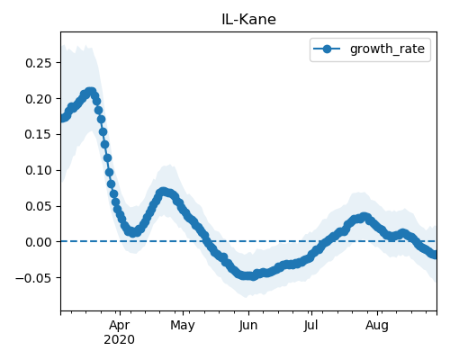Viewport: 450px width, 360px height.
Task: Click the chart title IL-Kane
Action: [x=248, y=20]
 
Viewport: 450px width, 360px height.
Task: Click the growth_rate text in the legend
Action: [x=387, y=49]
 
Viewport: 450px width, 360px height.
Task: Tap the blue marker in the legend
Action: [x=327, y=49]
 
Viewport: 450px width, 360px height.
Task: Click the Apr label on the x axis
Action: [x=120, y=325]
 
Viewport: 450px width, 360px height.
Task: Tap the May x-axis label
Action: [x=183, y=325]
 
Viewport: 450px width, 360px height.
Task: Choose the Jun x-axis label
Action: [x=248, y=325]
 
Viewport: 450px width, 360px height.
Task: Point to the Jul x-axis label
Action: [x=310, y=325]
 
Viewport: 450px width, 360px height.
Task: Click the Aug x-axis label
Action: [x=377, y=325]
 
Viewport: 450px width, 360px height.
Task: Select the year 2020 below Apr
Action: [x=119, y=340]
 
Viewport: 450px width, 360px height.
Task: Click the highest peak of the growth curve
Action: [x=90, y=92]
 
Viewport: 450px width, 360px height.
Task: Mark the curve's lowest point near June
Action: [x=254, y=276]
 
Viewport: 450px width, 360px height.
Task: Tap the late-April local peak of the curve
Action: [x=163, y=192]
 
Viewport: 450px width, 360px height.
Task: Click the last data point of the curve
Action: [x=435, y=255]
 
